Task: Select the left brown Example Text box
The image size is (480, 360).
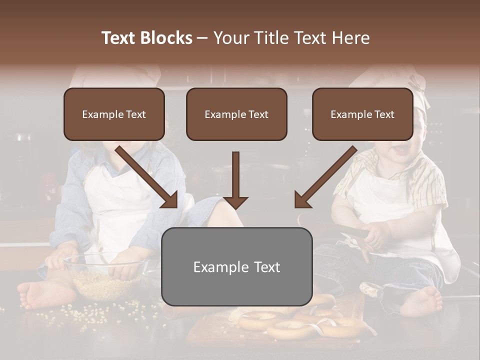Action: pyautogui.click(x=114, y=114)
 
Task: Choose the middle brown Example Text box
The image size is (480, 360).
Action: pyautogui.click(x=236, y=114)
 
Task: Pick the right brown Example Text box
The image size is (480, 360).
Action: pyautogui.click(x=362, y=114)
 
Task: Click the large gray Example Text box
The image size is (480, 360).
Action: pyautogui.click(x=236, y=266)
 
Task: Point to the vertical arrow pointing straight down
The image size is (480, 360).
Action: pyautogui.click(x=235, y=180)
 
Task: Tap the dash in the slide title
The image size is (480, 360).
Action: pyautogui.click(x=202, y=38)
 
